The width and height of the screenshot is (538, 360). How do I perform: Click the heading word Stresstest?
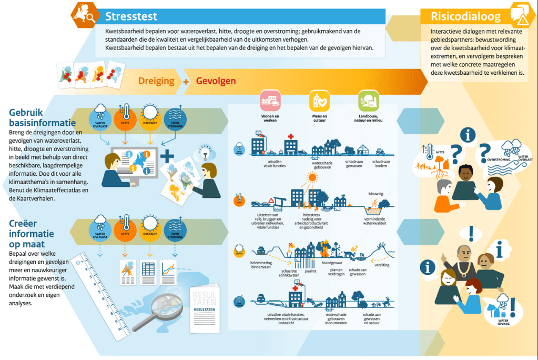131,16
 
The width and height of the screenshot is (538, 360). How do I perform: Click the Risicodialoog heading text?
466,16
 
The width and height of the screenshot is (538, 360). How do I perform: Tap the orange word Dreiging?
156,81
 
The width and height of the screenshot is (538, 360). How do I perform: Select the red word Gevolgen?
216,81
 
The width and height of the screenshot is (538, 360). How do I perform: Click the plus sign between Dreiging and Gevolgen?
186,82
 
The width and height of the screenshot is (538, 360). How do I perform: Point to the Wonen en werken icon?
270,100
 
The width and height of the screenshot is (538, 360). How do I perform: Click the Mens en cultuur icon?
320,100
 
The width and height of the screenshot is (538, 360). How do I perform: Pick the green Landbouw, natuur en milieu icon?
369,100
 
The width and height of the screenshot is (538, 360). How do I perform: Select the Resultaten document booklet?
204,311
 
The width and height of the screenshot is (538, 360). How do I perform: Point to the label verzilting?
382,265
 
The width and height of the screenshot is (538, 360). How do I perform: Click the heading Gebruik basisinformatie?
42,117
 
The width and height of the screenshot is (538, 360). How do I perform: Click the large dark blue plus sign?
167,156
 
